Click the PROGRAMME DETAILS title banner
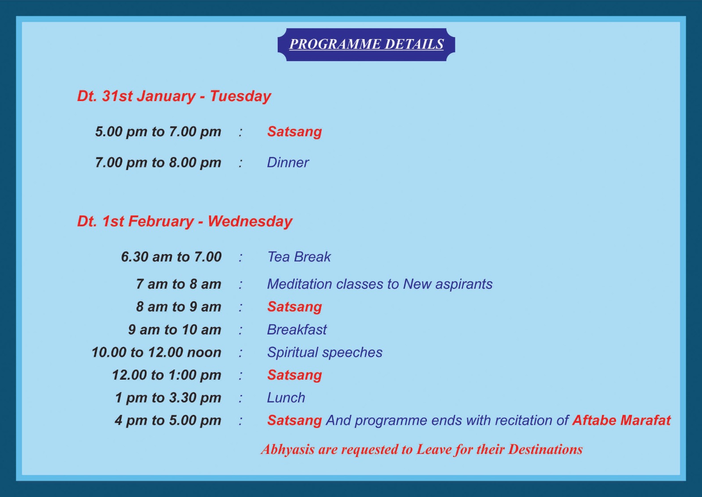[366, 44]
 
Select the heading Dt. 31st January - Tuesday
[174, 96]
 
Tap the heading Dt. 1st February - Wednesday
[185, 221]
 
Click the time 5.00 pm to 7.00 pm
[158, 132]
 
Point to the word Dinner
[288, 163]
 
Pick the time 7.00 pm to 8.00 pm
[158, 163]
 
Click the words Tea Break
[299, 257]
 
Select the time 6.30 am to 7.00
[171, 257]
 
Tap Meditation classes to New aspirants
[380, 284]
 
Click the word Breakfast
[297, 330]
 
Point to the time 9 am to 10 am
[175, 330]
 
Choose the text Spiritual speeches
[325, 352]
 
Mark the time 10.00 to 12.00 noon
[156, 352]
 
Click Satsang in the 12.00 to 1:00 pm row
[294, 375]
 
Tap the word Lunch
[286, 398]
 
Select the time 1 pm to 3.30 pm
[168, 398]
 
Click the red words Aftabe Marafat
[621, 421]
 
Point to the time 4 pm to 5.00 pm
[168, 421]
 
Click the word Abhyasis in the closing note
[288, 450]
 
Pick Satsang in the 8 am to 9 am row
[294, 307]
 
